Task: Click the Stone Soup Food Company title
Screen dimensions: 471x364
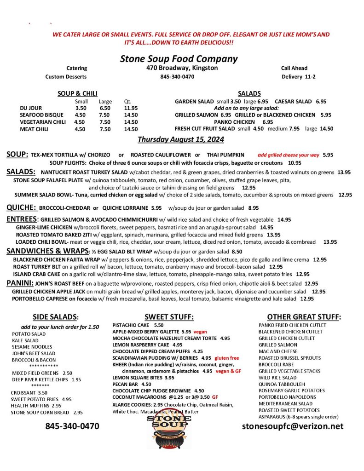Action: point(179,59)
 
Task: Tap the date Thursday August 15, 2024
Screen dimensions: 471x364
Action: point(181,139)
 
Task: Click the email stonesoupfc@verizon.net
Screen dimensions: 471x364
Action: point(293,426)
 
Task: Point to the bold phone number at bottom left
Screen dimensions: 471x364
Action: point(72,426)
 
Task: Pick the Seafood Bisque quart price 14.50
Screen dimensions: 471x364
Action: point(131,115)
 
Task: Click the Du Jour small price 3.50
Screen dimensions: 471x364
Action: point(81,108)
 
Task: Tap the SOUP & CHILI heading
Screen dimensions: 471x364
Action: point(77,93)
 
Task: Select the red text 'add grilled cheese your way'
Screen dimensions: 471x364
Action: point(288,155)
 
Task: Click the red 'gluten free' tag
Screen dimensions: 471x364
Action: point(227,357)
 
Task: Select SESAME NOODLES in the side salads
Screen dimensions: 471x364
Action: point(32,347)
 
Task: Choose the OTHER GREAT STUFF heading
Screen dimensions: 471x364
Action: point(304,316)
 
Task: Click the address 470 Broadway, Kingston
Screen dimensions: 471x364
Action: point(179,68)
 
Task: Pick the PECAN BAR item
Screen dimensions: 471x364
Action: point(126,384)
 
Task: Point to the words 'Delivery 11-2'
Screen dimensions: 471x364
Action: point(299,76)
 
